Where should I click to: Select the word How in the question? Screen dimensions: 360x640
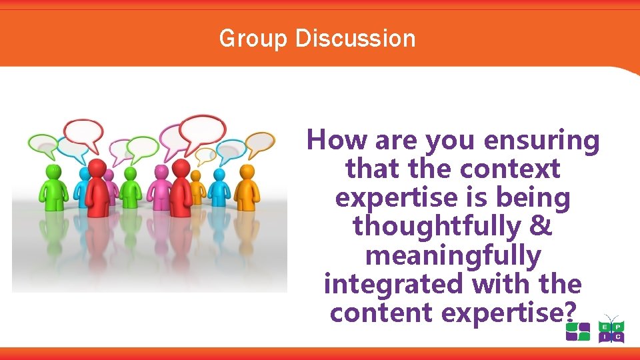[x=337, y=141]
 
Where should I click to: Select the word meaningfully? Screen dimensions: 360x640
[x=453, y=255]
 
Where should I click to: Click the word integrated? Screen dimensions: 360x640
[x=394, y=284]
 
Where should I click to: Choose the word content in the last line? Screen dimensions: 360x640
[x=377, y=313]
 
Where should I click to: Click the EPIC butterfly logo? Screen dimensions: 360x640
[x=611, y=330]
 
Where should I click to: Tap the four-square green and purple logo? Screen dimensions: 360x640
[x=577, y=331]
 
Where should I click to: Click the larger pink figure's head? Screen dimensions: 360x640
[x=161, y=171]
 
